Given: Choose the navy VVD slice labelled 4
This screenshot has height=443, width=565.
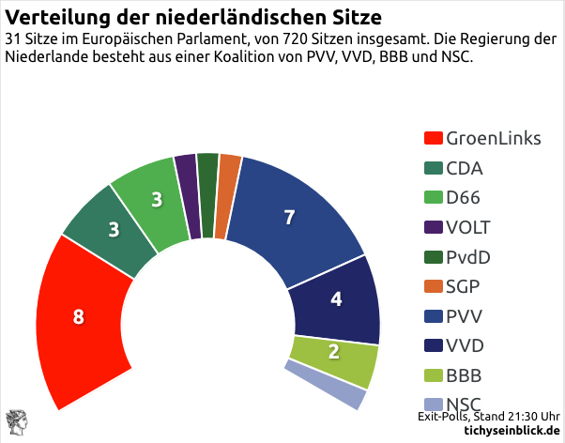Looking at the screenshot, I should click(335, 301).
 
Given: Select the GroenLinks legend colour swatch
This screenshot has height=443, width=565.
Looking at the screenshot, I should click(434, 139).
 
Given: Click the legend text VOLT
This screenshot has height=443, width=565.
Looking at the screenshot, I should click(467, 228).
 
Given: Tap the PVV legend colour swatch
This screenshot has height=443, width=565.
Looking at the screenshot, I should click(434, 317).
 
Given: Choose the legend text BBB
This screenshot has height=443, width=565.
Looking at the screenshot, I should click(464, 376).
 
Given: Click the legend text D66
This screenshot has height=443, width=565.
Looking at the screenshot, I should click(464, 198).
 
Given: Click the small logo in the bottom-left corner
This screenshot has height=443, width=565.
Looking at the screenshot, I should click(16, 424).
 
